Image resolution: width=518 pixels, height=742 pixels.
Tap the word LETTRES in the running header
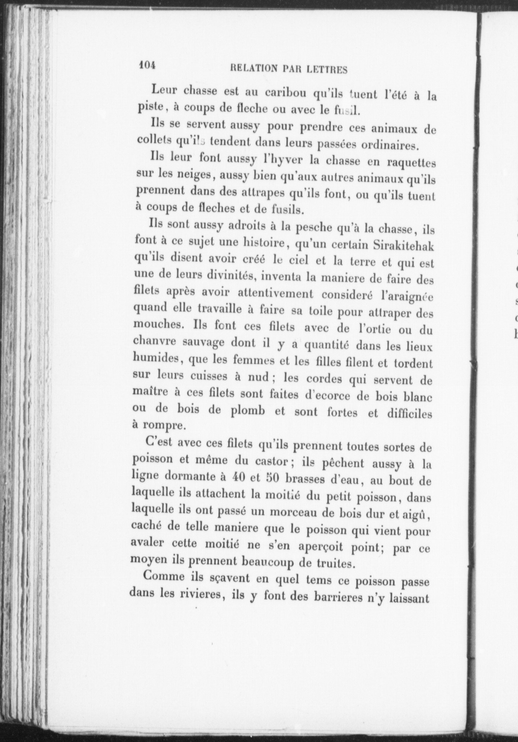pos(327,70)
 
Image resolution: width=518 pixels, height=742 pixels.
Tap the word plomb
pos(247,410)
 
